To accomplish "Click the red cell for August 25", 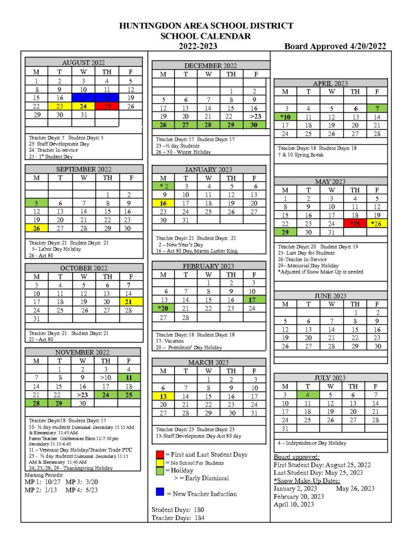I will [107, 106].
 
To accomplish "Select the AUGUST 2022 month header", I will [83, 62].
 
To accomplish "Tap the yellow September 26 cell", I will [36, 228].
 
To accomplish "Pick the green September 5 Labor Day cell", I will [36, 202].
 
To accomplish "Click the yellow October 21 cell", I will [131, 302].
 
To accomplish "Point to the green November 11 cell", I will [129, 378].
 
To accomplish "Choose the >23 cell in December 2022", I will [255, 116].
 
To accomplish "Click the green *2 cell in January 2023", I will [164, 186].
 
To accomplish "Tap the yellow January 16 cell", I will [164, 203].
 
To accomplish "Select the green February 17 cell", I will [255, 300].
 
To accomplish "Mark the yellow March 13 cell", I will [164, 396].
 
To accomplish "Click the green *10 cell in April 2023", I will [285, 117].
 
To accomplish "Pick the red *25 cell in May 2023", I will [355, 224].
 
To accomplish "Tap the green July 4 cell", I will [307, 395].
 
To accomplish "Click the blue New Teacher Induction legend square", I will [160, 494].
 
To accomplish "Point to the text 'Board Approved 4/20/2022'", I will [335, 46].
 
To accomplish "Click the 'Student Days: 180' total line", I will [177, 510].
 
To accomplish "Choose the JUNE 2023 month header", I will [330, 296].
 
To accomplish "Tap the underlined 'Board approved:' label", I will [297, 457].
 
